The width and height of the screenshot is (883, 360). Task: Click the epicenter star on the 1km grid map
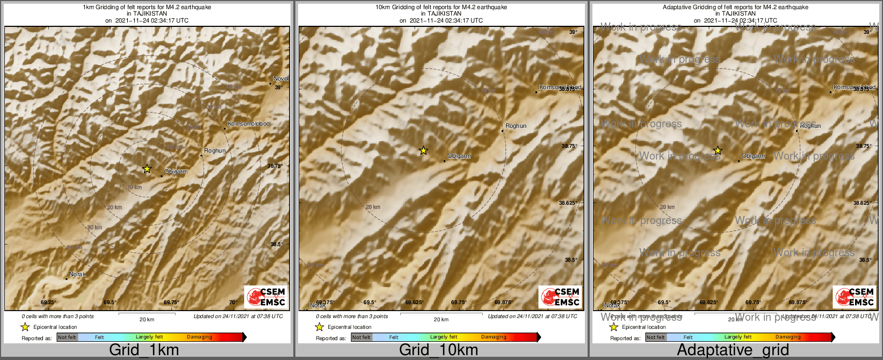(147, 169)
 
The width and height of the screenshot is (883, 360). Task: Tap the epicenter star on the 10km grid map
(423, 150)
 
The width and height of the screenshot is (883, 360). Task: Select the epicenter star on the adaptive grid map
(718, 150)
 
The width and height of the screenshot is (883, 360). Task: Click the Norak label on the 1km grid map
(77, 275)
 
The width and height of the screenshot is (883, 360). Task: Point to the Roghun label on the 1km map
(215, 151)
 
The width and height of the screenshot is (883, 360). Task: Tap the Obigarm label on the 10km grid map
(459, 156)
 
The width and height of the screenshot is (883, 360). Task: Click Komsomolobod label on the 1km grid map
(248, 124)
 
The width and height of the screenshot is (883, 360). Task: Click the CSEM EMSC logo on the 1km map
(266, 297)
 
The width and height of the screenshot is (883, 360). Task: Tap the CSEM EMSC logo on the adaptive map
(855, 297)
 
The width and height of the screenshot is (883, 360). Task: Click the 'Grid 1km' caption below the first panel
(144, 350)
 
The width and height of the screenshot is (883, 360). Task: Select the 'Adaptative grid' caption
(733, 350)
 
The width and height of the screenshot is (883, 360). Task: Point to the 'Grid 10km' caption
(438, 350)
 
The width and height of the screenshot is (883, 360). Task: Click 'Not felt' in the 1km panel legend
(67, 337)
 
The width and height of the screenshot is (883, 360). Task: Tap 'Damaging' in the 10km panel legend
(494, 337)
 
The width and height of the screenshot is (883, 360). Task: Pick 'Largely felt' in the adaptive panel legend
(738, 337)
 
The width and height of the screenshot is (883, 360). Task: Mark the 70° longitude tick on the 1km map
(233, 303)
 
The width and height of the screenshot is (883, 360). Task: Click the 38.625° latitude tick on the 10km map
(568, 203)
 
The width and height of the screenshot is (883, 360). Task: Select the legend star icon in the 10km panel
(319, 327)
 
